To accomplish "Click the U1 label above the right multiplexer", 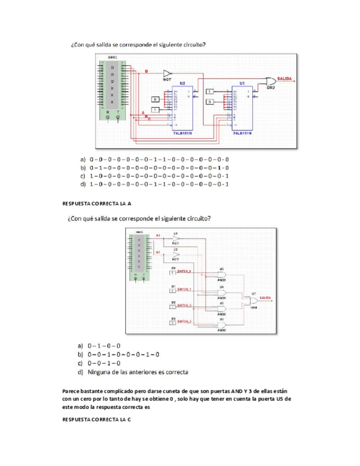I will (x=242, y=82).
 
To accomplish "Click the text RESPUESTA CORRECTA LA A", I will (x=98, y=203).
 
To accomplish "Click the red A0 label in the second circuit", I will (x=158, y=235).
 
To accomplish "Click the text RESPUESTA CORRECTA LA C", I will (x=97, y=419).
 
